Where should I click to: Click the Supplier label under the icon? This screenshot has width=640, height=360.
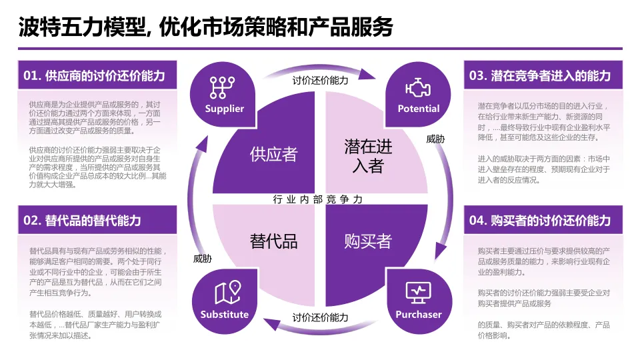(x=225, y=109)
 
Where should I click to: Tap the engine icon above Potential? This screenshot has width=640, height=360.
(x=418, y=89)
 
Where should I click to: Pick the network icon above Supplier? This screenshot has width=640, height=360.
(x=225, y=88)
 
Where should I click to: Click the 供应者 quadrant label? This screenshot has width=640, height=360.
(x=273, y=154)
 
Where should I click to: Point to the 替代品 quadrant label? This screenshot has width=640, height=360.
(x=273, y=241)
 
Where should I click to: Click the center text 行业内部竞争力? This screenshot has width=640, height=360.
(x=319, y=199)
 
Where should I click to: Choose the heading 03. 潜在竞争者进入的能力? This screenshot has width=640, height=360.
(x=539, y=75)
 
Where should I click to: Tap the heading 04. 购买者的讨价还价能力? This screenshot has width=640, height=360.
(x=539, y=220)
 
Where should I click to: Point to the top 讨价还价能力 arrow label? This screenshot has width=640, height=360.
(x=320, y=81)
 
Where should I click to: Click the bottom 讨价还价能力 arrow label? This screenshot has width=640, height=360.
(x=320, y=317)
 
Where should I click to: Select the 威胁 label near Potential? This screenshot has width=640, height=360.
(x=435, y=139)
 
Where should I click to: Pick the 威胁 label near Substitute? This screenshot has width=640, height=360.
(x=203, y=258)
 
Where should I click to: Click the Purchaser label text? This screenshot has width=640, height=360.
(x=419, y=314)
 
